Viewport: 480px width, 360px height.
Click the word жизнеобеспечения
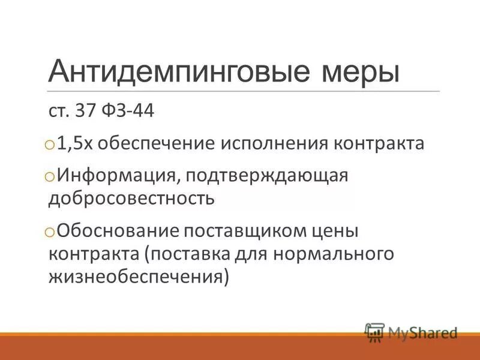(x=137, y=277)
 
